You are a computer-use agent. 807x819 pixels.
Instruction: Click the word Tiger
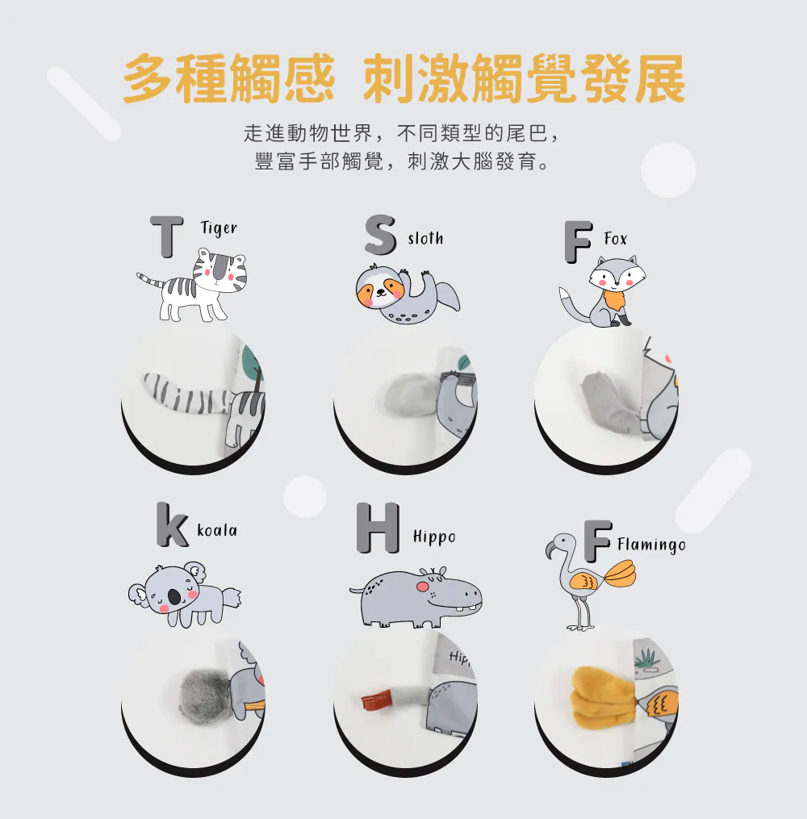219,228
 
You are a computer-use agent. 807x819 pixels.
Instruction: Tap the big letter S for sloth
380,235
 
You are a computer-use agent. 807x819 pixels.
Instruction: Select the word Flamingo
651,545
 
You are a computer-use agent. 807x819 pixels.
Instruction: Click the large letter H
378,528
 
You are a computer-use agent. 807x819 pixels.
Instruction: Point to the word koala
217,530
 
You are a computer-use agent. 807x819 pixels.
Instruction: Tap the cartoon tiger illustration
192,285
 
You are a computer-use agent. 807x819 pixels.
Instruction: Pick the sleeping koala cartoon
184,595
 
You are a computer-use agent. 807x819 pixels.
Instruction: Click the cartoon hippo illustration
416,598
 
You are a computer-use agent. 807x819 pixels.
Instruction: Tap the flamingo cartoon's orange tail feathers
621,574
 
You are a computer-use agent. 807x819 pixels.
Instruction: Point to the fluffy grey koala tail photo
204,692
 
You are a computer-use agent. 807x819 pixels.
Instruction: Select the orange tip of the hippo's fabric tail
377,698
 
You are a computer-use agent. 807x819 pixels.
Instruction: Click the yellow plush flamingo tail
603,698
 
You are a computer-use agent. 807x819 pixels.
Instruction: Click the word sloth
426,239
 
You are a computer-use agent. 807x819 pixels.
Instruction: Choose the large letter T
166,237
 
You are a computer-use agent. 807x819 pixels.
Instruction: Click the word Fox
615,239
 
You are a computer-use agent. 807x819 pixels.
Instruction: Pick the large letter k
172,524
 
